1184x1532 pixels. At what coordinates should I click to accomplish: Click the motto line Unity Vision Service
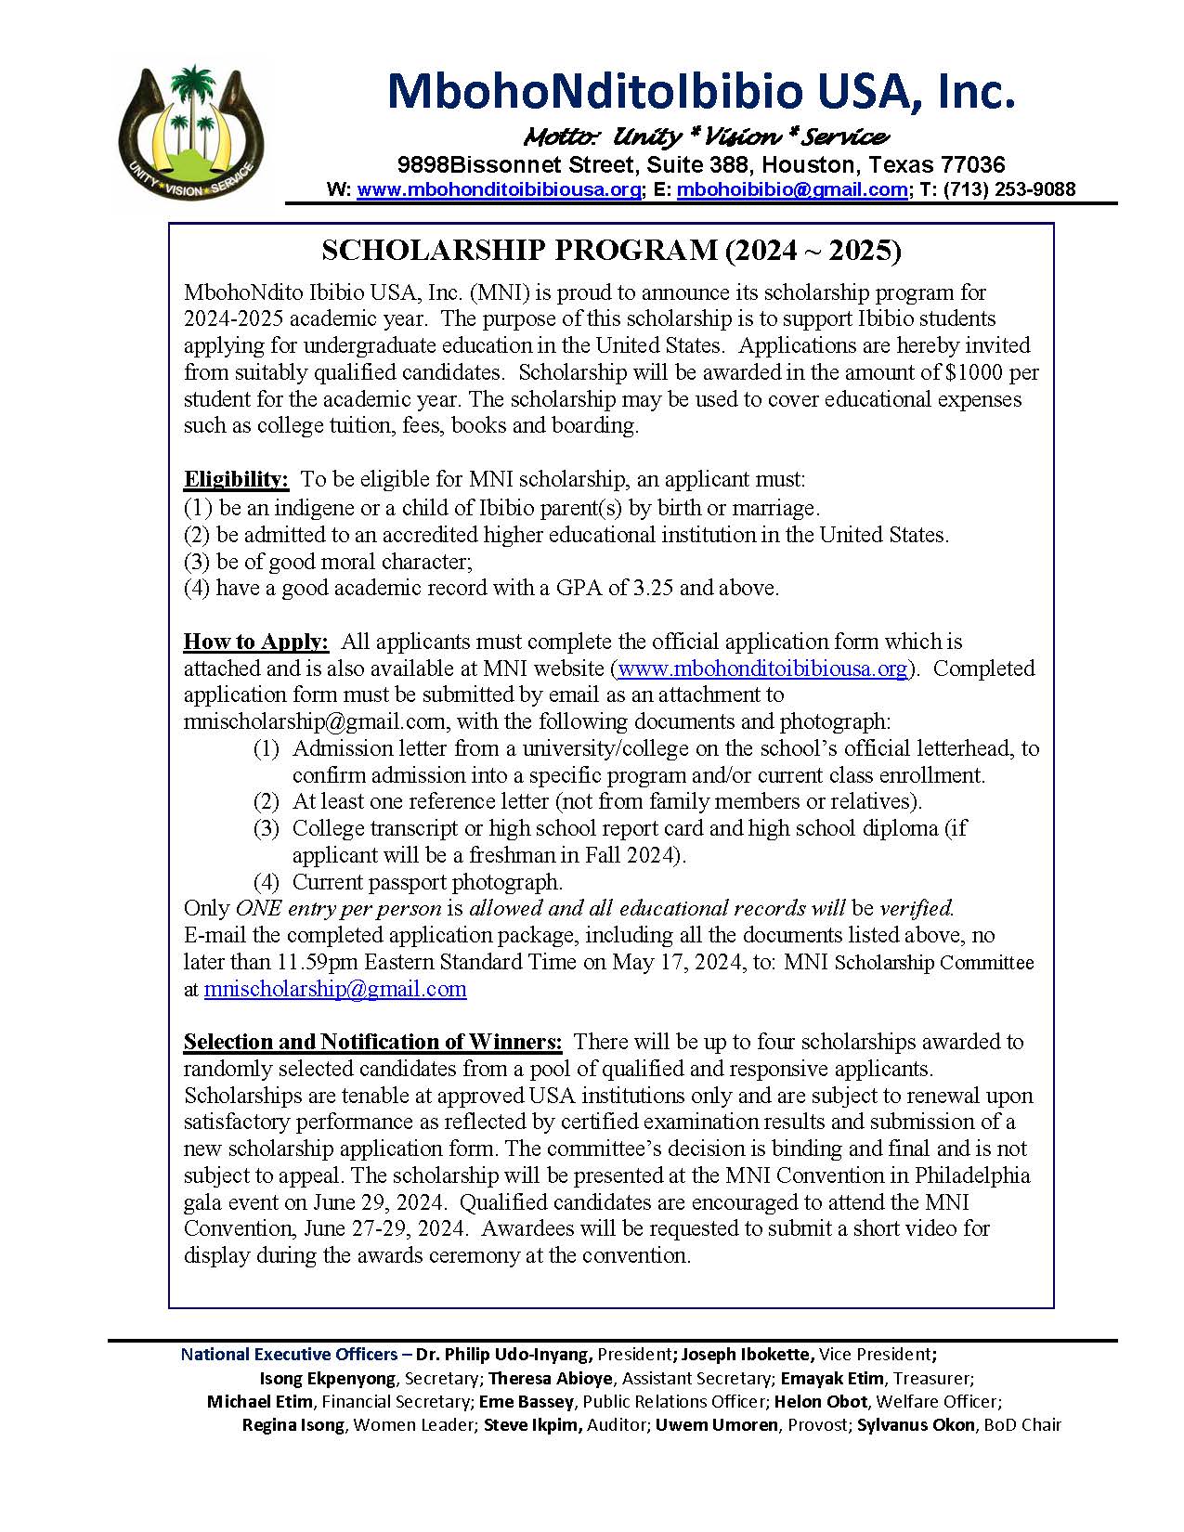[x=706, y=137]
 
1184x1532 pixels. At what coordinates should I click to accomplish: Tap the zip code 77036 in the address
[x=972, y=165]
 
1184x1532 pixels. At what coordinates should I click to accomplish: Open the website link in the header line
[x=499, y=189]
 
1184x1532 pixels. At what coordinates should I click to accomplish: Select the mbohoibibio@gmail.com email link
[x=792, y=189]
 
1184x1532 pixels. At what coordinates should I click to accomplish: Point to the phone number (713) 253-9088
[x=1009, y=189]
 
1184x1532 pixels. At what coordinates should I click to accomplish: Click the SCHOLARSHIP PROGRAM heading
[x=611, y=250]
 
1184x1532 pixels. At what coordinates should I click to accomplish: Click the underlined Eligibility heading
[x=236, y=479]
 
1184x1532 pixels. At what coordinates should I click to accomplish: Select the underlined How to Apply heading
[x=255, y=642]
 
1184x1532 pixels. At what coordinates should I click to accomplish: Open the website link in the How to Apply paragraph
[x=761, y=669]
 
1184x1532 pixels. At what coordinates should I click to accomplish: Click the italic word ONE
[x=258, y=908]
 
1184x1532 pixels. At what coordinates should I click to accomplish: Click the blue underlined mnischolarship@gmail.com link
[x=335, y=989]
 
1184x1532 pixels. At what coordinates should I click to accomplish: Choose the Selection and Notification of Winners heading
[x=372, y=1042]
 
